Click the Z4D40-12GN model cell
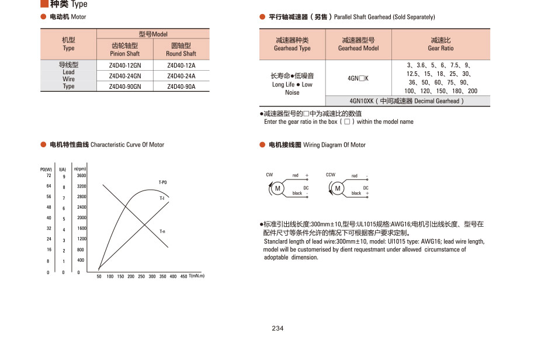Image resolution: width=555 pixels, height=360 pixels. (x=125, y=65)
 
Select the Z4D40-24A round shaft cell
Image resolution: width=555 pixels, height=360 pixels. (x=181, y=76)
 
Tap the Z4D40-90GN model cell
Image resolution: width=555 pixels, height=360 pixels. (x=125, y=86)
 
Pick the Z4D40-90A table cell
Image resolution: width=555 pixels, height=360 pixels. (x=181, y=86)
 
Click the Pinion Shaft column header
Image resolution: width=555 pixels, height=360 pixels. (x=125, y=49)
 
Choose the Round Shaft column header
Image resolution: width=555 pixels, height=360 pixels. (x=181, y=49)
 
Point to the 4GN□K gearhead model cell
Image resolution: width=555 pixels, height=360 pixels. (x=358, y=78)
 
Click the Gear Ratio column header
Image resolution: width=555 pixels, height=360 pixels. (x=440, y=44)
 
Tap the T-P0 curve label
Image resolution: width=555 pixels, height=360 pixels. (x=163, y=182)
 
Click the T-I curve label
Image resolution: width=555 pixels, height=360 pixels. (x=162, y=199)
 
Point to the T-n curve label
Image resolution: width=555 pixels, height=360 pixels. (x=162, y=231)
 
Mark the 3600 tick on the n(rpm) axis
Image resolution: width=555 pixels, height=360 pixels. (x=81, y=175)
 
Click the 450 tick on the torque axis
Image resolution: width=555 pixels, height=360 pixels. (x=183, y=276)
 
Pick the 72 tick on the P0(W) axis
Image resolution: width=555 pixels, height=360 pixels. (x=48, y=175)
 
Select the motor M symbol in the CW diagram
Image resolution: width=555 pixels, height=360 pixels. (x=278, y=188)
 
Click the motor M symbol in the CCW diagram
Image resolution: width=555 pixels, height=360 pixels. (x=338, y=188)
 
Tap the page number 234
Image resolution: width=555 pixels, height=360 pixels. (x=277, y=328)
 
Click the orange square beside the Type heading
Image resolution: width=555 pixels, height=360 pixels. (x=44, y=4)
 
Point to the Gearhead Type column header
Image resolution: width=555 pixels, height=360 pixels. (x=292, y=44)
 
